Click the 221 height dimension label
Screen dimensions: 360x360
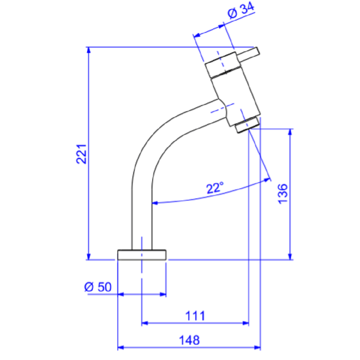click(x=81, y=154)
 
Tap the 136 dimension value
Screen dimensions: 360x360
click(x=283, y=194)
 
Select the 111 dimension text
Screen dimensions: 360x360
click(x=195, y=316)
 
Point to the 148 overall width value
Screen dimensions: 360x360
click(x=189, y=340)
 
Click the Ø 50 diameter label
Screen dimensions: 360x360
click(x=98, y=287)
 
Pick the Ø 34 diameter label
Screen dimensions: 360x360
click(x=241, y=10)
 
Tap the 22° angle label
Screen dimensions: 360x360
click(x=215, y=188)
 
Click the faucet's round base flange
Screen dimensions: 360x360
click(x=141, y=255)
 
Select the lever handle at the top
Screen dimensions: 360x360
click(x=249, y=54)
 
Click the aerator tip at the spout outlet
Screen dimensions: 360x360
click(x=247, y=125)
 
